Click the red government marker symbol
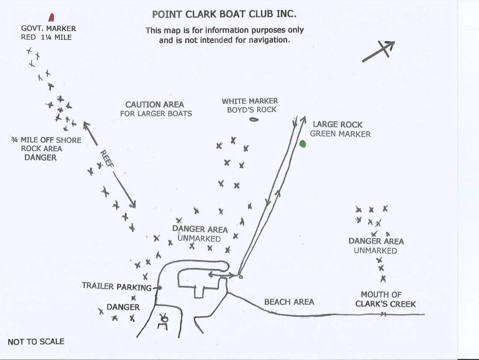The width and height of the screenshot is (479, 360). click(51, 17)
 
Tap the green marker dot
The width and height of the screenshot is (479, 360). click(303, 144)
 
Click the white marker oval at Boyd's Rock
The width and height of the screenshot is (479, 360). click(253, 119)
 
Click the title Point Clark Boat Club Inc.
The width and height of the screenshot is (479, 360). click(224, 15)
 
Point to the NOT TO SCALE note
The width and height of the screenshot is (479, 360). click(36, 341)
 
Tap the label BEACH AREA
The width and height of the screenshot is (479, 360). click(289, 302)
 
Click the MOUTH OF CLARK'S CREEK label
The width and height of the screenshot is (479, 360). click(386, 299)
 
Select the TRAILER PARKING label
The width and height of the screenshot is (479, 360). click(117, 287)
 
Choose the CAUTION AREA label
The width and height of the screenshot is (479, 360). click(155, 105)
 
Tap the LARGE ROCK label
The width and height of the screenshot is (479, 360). click(338, 125)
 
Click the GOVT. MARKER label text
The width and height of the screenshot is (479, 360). click(49, 29)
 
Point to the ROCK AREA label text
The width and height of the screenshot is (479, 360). click(41, 149)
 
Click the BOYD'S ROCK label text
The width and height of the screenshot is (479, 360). click(251, 110)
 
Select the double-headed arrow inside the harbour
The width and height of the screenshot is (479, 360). click(222, 275)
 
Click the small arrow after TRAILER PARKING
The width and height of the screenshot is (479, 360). click(157, 287)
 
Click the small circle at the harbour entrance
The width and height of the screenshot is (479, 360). click(240, 277)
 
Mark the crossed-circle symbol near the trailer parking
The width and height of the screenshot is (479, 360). click(165, 319)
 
